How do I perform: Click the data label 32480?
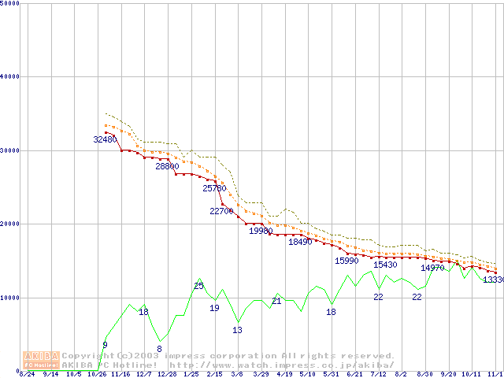coord(106,139)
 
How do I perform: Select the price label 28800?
coord(167,166)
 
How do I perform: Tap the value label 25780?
coord(214,188)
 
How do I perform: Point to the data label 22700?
coord(221,211)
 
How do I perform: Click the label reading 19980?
coord(261,231)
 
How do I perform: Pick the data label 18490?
coord(300,242)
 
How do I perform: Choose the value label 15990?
coord(346,261)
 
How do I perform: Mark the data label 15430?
coord(385,265)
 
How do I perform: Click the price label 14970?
coord(432,268)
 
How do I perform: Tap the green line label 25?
coord(198,286)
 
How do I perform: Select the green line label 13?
coord(237,330)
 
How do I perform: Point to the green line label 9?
coord(105,345)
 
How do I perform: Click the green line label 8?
coord(159,349)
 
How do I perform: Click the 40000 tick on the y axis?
coord(10,76)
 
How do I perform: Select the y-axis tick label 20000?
coord(10,224)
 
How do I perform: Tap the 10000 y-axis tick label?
coord(10,298)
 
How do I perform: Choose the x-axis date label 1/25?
coord(191,374)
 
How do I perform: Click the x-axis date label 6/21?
coord(354,374)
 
